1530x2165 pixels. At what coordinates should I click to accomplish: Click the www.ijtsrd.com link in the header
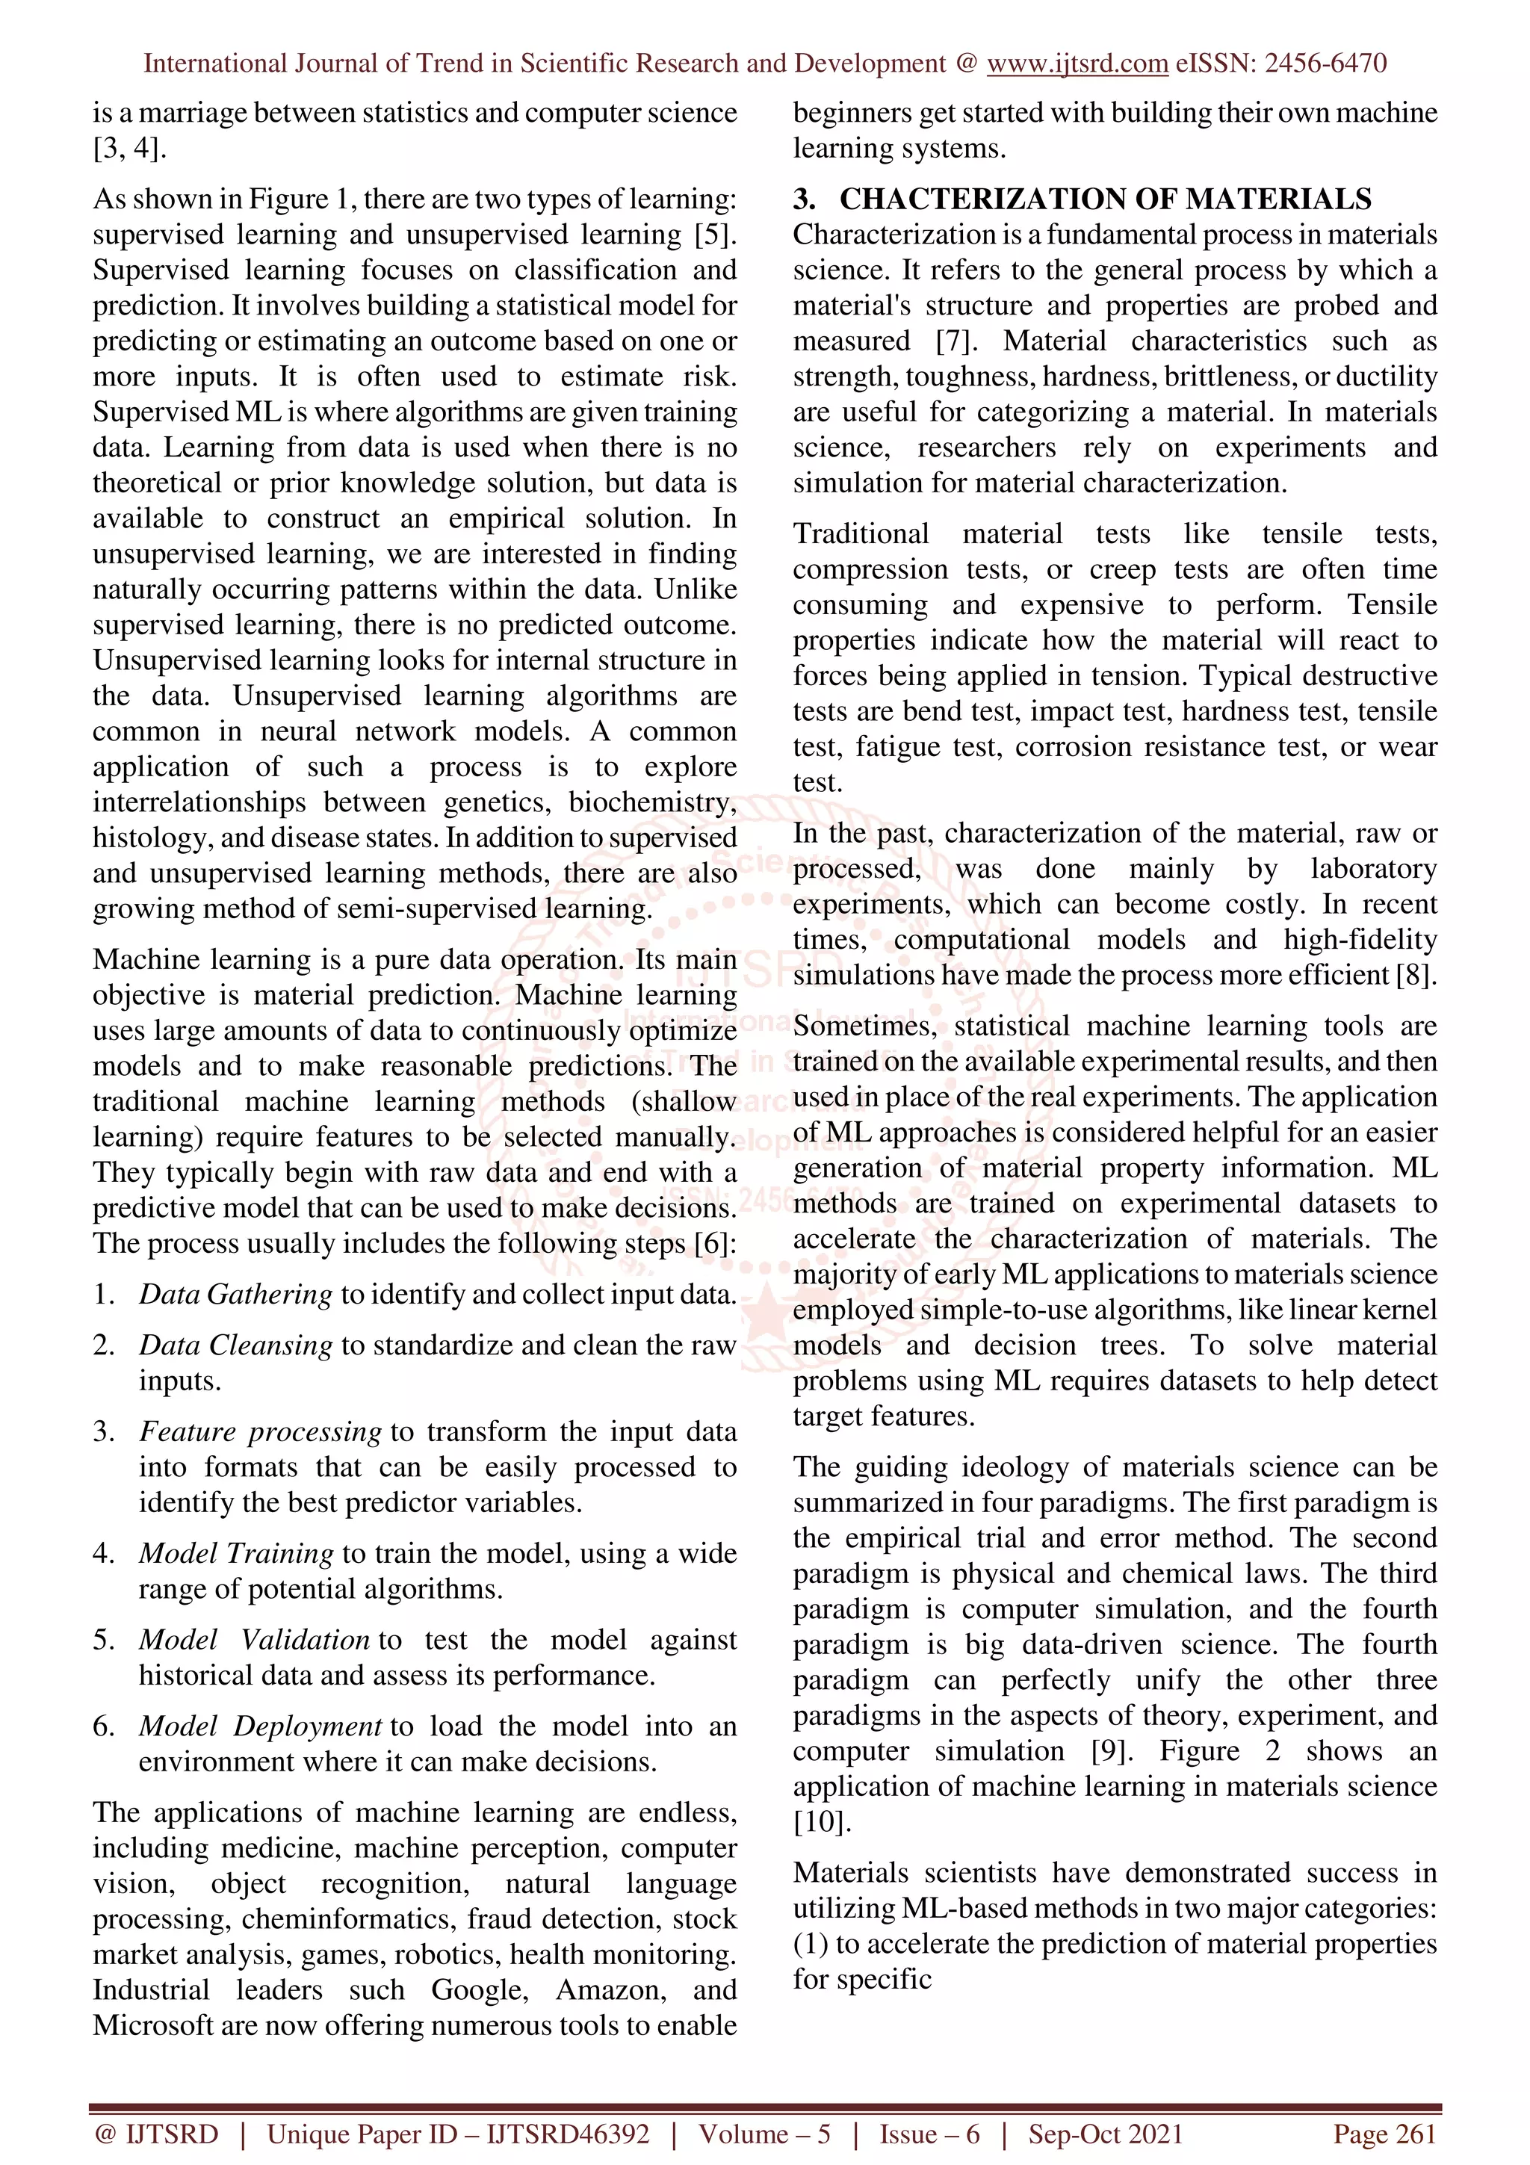click(x=1077, y=64)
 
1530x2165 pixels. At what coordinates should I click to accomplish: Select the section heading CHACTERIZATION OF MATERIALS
click(x=1105, y=199)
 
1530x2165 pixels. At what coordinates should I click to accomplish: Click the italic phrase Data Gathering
click(x=235, y=1294)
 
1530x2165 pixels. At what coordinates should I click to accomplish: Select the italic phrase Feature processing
click(x=260, y=1431)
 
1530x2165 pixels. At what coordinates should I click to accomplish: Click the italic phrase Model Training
click(x=235, y=1553)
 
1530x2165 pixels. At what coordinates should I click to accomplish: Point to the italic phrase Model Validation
click(x=253, y=1640)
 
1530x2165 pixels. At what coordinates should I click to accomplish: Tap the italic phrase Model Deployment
click(x=260, y=1726)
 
